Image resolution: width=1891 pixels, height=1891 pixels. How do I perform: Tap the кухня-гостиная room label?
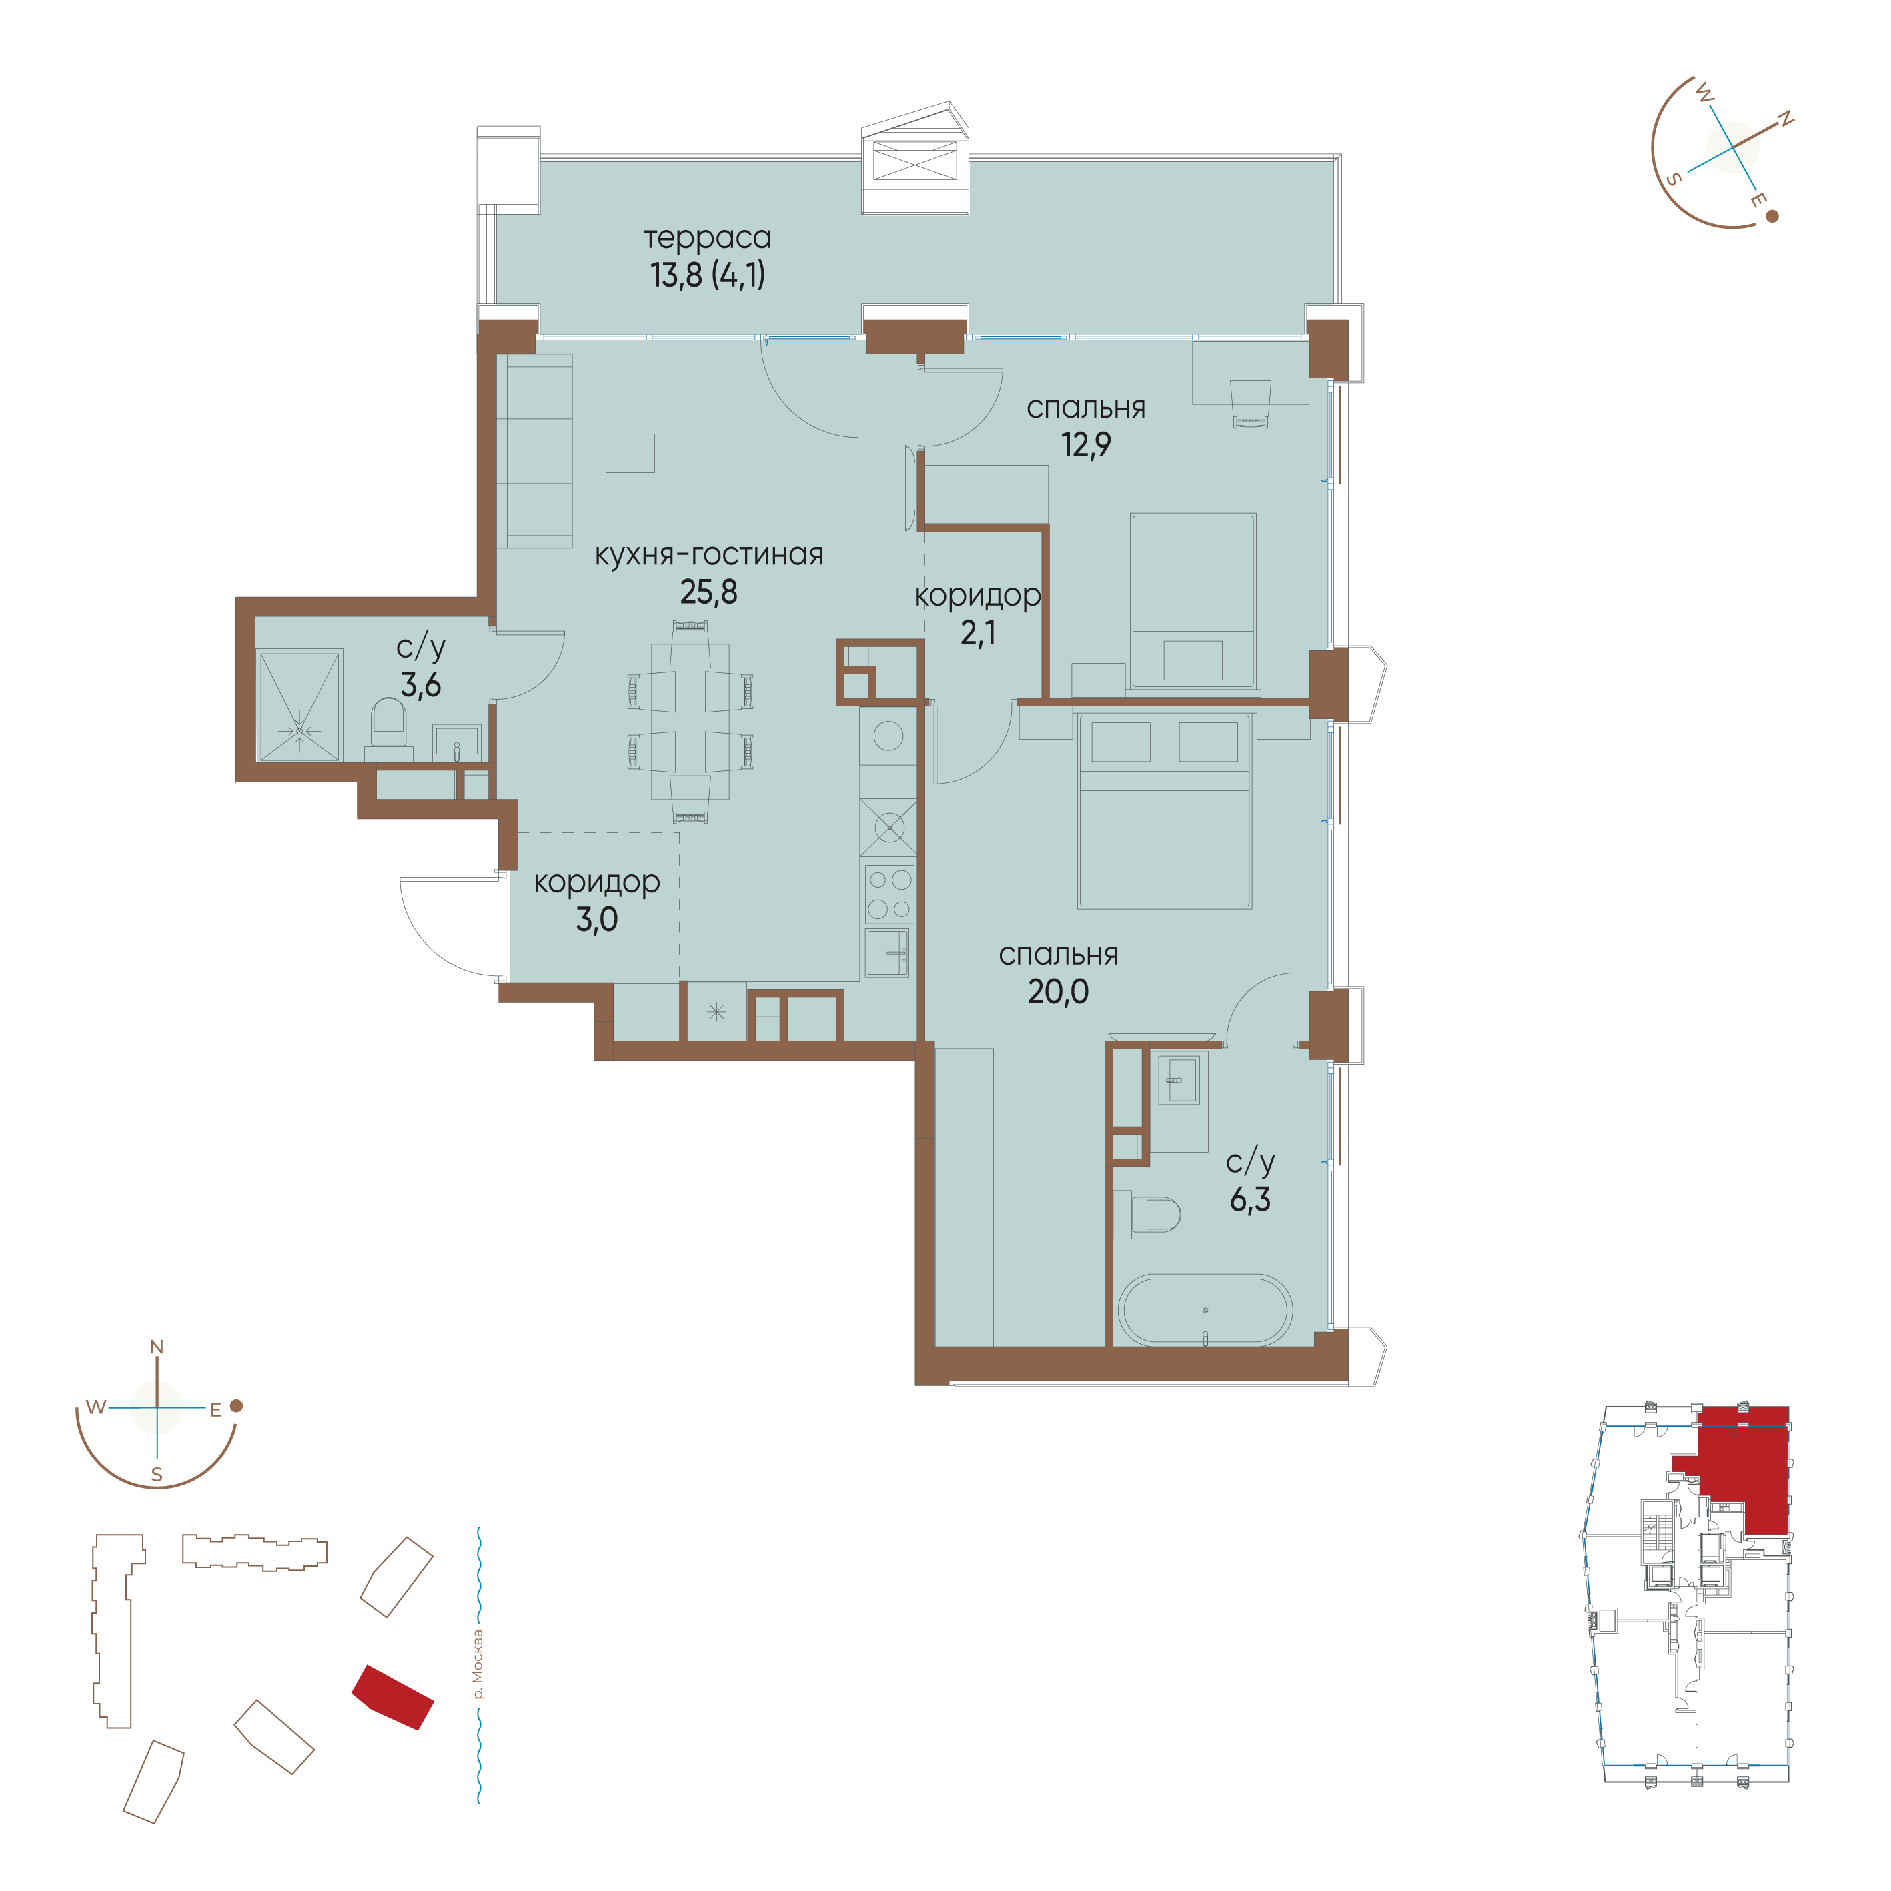tap(708, 555)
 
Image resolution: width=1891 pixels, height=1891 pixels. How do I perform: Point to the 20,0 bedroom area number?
tap(1058, 991)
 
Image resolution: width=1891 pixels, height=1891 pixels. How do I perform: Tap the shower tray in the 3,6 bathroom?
tap(299, 705)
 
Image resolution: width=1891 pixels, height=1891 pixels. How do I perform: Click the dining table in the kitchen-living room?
tap(690, 720)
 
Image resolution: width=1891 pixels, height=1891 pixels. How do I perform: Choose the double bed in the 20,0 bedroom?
tap(1165, 810)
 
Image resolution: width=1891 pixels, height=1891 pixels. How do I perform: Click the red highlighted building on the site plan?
tap(392, 1696)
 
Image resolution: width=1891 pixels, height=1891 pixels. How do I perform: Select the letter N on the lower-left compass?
tap(157, 1348)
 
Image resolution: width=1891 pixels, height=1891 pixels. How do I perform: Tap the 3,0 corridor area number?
tap(597, 919)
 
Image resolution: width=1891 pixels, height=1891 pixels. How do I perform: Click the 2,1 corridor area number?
tap(978, 633)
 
